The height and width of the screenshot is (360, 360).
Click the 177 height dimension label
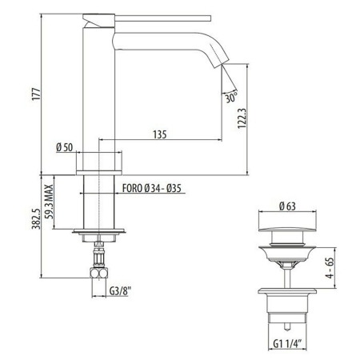coord(36,94)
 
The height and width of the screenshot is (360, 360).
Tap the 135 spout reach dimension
coord(160,134)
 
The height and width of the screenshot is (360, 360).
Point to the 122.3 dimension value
coord(242,118)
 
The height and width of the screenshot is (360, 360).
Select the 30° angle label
coord(231,98)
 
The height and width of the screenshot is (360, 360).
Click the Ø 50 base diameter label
coord(64,147)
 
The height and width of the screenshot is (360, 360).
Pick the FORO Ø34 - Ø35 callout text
coord(152,188)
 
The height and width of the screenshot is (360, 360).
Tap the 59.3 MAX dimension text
coord(49,202)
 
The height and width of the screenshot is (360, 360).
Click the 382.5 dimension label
coord(36,218)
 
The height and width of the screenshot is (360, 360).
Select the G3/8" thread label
coord(121,290)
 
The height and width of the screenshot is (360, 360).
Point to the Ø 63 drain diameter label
coord(287,206)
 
